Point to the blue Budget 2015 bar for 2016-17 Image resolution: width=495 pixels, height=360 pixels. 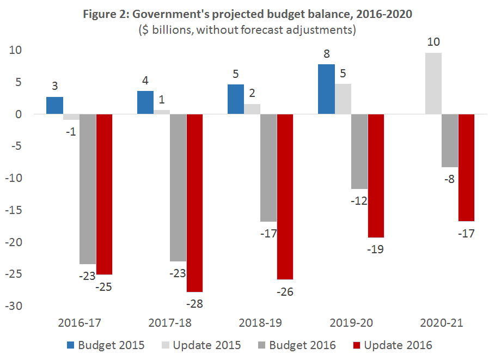(x=54, y=106)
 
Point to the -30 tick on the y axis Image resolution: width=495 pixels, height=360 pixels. (x=14, y=306)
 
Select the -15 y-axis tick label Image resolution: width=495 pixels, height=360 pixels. (x=14, y=210)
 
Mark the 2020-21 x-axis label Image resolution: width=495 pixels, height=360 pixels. (x=441, y=323)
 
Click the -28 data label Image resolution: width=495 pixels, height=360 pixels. (x=194, y=303)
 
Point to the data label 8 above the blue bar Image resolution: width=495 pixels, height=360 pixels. (x=326, y=54)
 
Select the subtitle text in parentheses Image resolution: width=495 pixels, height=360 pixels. (x=247, y=30)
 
